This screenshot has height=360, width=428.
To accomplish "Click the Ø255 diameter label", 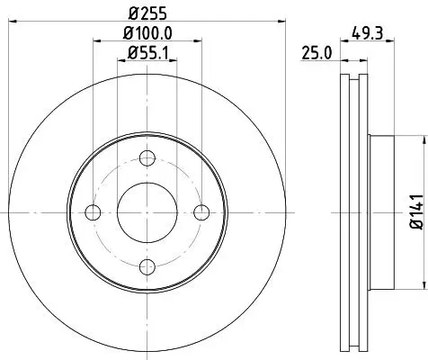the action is [147, 13].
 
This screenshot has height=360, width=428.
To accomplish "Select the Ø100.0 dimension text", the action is [147, 33].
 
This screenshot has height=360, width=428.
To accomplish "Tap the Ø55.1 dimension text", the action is [148, 53].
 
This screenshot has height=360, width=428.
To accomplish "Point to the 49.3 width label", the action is [368, 32].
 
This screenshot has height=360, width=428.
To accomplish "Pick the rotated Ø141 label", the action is [417, 211].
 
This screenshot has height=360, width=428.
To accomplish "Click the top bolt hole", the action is [147, 158].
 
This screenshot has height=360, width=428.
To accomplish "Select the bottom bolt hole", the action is [147, 266].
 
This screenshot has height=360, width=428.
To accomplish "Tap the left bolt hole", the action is [93, 212].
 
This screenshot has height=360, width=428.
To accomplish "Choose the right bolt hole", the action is [201, 212].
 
